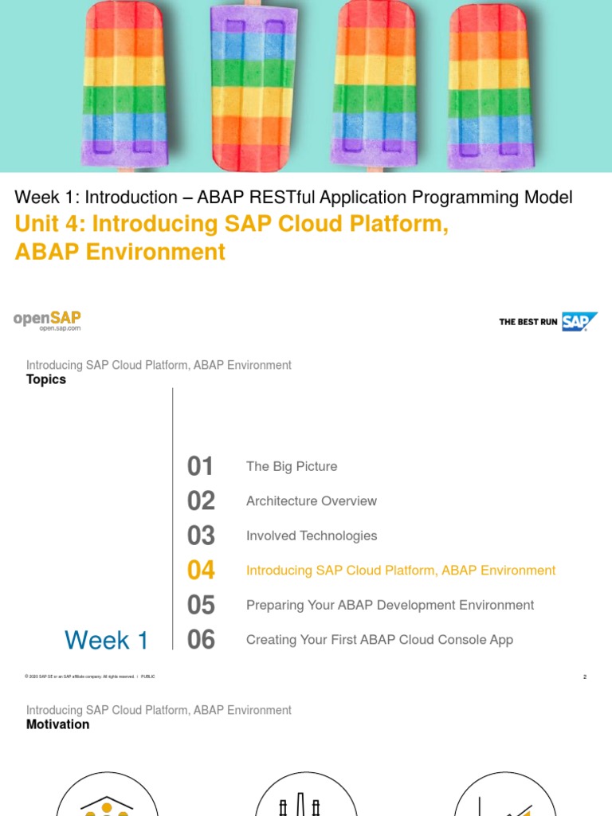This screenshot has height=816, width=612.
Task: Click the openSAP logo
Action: point(47,320)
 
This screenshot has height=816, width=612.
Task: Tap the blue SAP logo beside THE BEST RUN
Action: point(579,322)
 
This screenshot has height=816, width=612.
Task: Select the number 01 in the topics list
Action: point(201,467)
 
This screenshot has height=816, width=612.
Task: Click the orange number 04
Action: point(201,571)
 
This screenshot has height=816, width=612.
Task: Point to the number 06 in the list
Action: point(201,640)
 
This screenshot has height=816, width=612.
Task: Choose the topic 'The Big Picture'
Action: point(292,467)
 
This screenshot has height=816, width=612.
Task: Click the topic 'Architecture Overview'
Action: point(312,501)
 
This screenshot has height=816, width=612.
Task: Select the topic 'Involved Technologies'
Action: point(312,536)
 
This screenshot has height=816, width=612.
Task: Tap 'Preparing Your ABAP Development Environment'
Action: point(390,606)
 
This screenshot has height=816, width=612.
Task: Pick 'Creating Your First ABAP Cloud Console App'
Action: point(379,640)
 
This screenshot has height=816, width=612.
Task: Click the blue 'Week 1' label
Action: point(106,640)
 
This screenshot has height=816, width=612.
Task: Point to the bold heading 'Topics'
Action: point(46,380)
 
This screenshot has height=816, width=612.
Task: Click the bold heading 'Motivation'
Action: point(57,725)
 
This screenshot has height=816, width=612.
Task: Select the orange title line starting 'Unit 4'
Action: point(231,225)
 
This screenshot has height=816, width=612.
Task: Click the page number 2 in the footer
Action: point(585,677)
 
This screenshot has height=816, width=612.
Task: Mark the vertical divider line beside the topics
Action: point(172,518)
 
